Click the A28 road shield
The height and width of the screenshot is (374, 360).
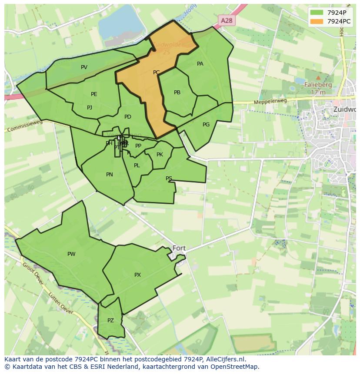(x=227, y=20)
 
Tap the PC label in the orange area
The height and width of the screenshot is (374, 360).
(x=157, y=73)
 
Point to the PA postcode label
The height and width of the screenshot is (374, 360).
(x=200, y=64)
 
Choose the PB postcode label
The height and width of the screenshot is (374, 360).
(x=177, y=93)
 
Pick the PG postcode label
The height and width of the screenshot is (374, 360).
(x=206, y=125)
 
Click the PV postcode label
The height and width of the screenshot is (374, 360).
(x=84, y=67)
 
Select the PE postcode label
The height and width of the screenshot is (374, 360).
(x=94, y=94)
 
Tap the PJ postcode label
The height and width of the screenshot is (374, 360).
(x=90, y=108)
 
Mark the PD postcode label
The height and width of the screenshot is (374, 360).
(x=128, y=117)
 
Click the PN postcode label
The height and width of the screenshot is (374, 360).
(x=110, y=175)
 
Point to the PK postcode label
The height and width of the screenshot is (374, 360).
(x=160, y=155)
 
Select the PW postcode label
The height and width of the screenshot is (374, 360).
(x=71, y=254)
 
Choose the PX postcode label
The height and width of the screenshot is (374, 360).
(x=137, y=275)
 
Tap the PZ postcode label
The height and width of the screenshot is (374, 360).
(x=110, y=321)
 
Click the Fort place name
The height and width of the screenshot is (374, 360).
(x=179, y=248)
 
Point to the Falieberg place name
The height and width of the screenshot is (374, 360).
(x=318, y=85)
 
